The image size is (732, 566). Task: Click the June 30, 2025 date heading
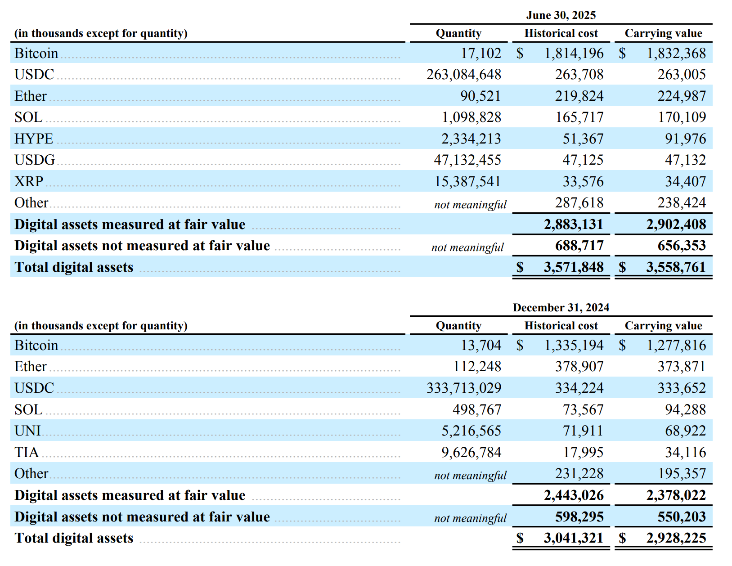coord(561,15)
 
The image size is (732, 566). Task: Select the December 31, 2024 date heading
coord(561,308)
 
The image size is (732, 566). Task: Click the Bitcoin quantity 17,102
coord(481,54)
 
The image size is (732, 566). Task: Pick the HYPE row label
coord(34,139)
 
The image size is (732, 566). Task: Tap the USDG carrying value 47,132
coord(685,160)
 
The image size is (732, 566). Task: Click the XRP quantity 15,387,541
coord(467,182)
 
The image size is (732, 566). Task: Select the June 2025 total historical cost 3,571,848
coord(573,267)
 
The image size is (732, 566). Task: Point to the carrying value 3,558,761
coord(676,267)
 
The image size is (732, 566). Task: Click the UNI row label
coord(27,431)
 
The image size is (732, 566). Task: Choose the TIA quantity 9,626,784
coord(471,453)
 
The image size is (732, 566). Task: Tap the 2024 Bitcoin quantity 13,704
coord(481,346)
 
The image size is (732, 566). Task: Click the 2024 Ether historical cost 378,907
coord(579,367)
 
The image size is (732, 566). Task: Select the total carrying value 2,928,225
coord(676,538)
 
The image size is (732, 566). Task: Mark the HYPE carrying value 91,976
coord(685,139)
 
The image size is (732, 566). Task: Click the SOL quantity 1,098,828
coord(471,117)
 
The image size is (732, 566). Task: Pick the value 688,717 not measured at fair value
coord(579,246)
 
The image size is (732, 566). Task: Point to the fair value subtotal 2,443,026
coord(573,495)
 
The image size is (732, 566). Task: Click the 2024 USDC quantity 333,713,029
coord(463,388)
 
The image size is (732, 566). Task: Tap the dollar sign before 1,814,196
coord(520,54)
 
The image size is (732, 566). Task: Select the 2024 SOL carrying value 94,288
coord(685,410)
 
